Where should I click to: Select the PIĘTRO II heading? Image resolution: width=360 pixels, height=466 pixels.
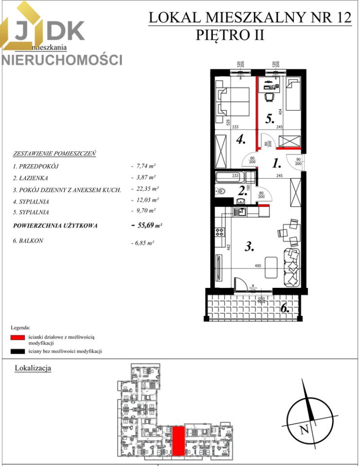coord(230,35)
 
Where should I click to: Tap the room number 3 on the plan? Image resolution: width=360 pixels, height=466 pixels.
coord(249,247)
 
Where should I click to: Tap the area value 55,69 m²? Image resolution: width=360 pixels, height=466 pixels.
coord(146,225)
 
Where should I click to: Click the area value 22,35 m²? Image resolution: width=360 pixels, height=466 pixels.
coord(143,189)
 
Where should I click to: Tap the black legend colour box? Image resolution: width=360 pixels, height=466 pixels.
coord(17,351)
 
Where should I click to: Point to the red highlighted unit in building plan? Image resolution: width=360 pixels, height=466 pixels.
coord(179,440)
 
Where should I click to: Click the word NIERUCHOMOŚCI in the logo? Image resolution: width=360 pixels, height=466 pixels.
coord(62,60)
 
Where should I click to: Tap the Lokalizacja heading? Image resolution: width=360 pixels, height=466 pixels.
coord(33,368)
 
